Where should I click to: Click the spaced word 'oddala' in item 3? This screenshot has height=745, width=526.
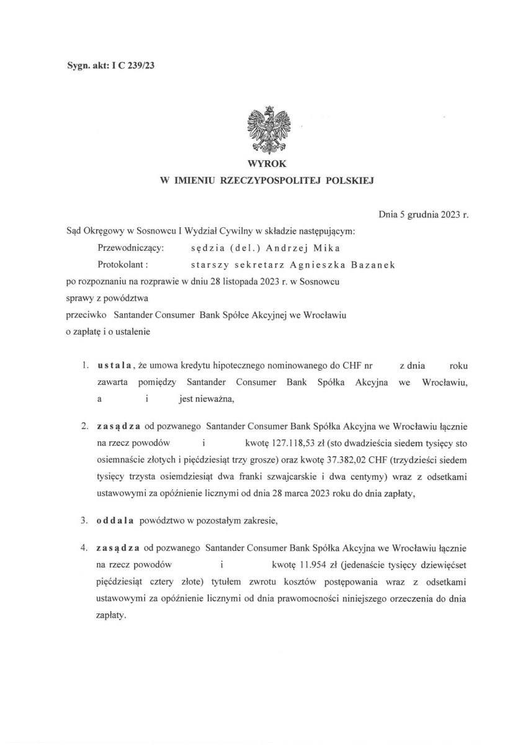coord(115,521)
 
